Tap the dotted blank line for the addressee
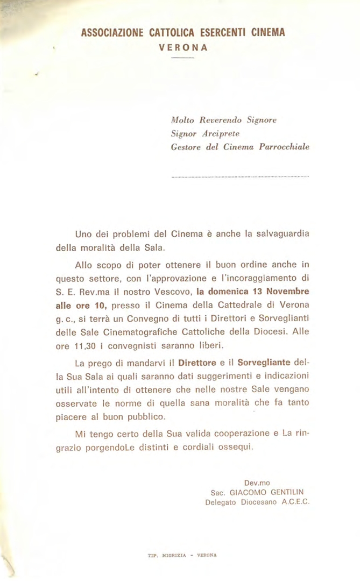[241, 176]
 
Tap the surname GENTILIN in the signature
[287, 492]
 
